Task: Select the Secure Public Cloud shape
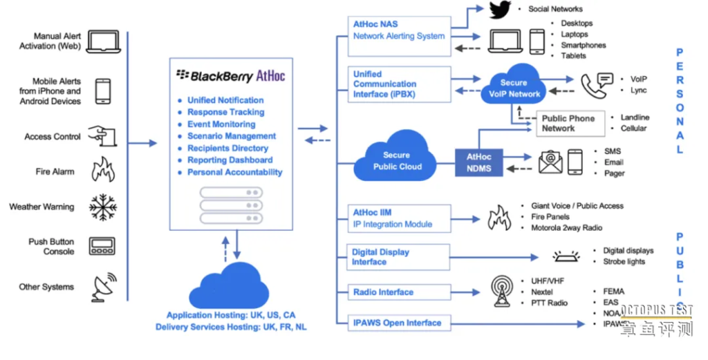coord(397,160)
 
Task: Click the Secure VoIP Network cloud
coord(514,88)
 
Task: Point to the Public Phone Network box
coord(568,123)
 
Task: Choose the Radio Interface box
coord(400,292)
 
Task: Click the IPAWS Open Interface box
coord(400,323)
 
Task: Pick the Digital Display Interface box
coord(400,257)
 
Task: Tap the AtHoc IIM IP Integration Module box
coord(400,218)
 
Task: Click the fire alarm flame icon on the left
coord(103,169)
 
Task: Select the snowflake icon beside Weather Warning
coord(102,207)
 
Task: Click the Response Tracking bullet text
coord(225,112)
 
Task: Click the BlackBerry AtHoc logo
coord(230,75)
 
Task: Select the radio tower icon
coord(502,292)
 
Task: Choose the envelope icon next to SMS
coord(550,162)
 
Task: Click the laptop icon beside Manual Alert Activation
coord(103,41)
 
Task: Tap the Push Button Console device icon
coord(102,246)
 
